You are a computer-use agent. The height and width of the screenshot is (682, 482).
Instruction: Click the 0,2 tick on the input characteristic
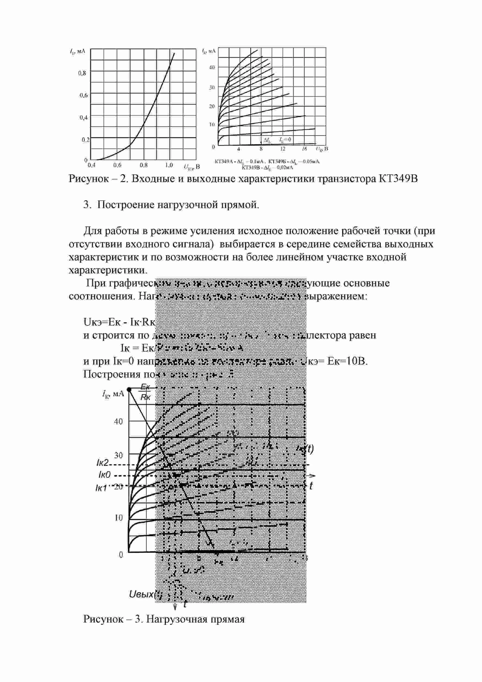(85, 140)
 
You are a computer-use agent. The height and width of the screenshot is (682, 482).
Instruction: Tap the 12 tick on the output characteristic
(283, 149)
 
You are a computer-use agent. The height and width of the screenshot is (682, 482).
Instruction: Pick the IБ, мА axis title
(78, 51)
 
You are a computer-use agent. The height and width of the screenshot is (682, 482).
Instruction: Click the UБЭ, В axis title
(192, 167)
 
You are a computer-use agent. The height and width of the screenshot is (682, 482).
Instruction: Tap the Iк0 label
(104, 475)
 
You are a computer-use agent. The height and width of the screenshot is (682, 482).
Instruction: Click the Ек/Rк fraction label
(146, 392)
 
